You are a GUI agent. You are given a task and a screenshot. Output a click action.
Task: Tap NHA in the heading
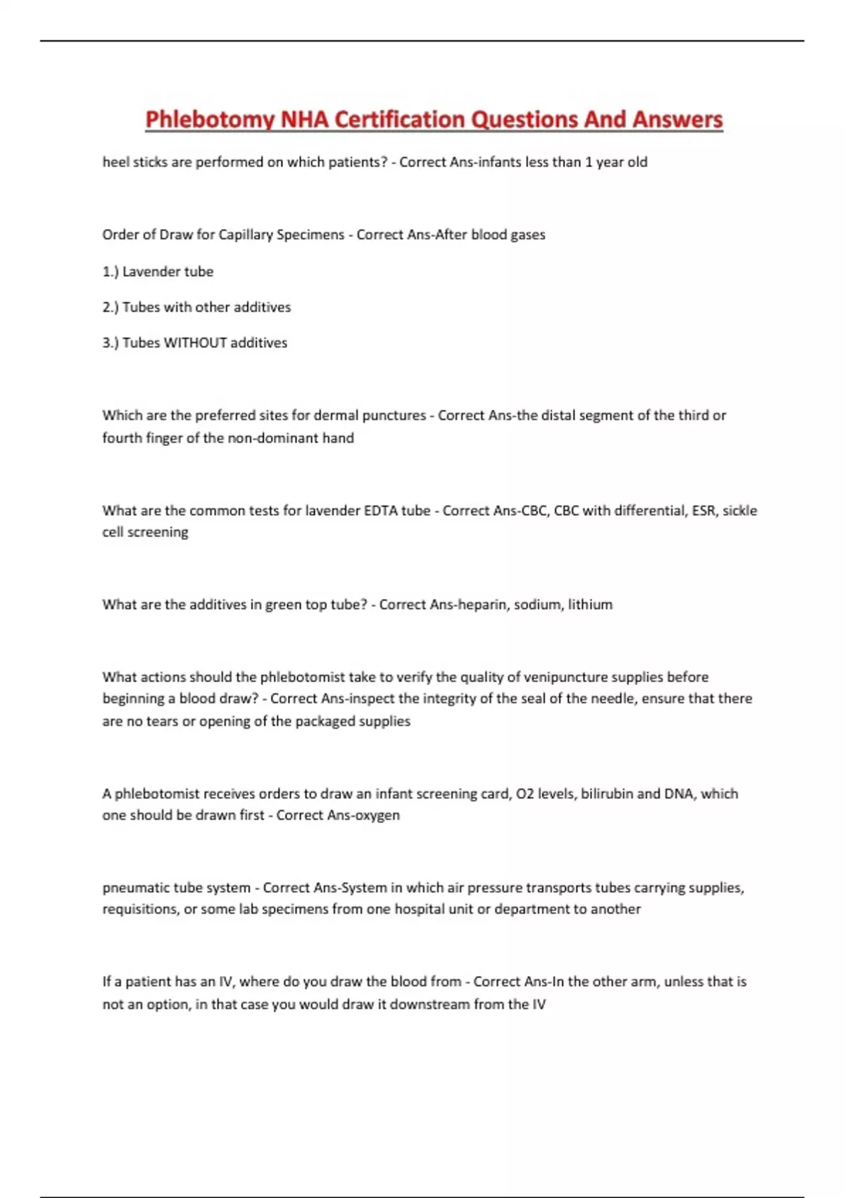click(304, 120)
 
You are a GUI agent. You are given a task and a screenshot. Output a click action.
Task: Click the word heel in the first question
click(115, 162)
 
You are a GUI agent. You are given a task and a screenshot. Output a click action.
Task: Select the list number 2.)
click(111, 307)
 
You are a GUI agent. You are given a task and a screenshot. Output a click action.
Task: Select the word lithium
click(590, 605)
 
